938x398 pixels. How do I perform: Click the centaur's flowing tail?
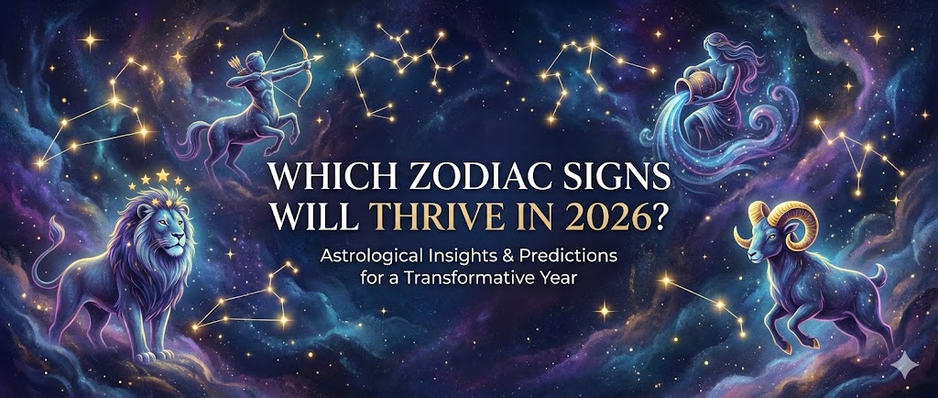[x=191, y=138]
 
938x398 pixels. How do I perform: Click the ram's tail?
[x=878, y=274]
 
